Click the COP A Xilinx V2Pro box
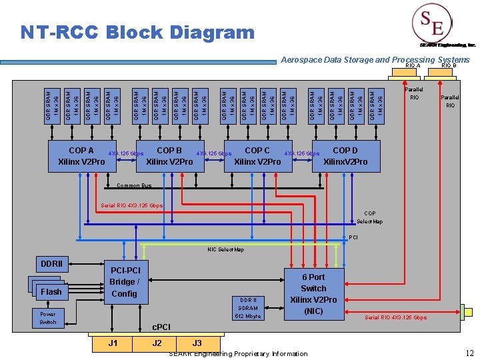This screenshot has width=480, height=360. pyautogui.click(x=81, y=157)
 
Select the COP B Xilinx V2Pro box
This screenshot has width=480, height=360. pyautogui.click(x=169, y=157)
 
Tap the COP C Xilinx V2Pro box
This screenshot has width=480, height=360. pyautogui.click(x=257, y=157)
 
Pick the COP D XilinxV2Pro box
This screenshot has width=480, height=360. pyautogui.click(x=345, y=157)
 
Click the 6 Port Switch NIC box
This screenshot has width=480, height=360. pyautogui.click(x=313, y=294)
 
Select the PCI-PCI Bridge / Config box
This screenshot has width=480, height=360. pyautogui.click(x=124, y=281)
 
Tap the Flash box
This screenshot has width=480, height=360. pyautogui.click(x=51, y=292)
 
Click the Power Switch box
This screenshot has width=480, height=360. pyautogui.click(x=48, y=318)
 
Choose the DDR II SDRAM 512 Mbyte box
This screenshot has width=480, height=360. pyautogui.click(x=248, y=308)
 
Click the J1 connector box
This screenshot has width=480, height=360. pyautogui.click(x=113, y=343)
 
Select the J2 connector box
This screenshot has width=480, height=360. pyautogui.click(x=157, y=343)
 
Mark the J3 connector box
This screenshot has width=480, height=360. pyautogui.click(x=197, y=343)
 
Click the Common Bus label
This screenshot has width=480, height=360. pyautogui.click(x=134, y=186)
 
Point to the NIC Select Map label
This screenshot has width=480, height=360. pyautogui.click(x=225, y=250)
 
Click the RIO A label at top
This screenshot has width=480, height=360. pyautogui.click(x=412, y=66)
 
